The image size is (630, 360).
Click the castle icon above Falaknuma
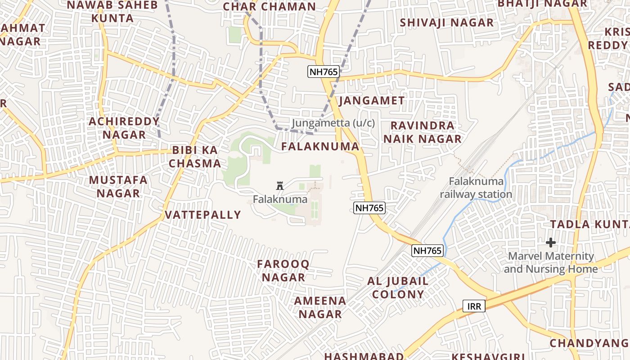coord(280,185)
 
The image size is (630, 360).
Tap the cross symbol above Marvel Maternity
coord(550,243)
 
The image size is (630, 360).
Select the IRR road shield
coord(474,306)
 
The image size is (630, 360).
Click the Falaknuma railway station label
coord(476,188)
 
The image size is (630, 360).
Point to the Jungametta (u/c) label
coord(333,123)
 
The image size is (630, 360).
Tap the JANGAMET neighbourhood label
coord(372,100)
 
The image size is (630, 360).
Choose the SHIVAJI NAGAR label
coord(446,22)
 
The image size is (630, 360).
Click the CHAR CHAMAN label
coord(270,7)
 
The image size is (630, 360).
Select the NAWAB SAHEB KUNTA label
coord(112,12)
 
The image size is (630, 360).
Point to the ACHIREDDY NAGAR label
coord(124,128)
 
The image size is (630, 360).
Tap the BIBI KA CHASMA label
coord(195,157)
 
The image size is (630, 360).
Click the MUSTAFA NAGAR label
coord(118,187)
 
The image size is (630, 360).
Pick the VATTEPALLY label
coord(203,215)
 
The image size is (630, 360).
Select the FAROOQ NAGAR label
coord(283,270)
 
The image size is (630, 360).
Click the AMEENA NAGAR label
coord(320,307)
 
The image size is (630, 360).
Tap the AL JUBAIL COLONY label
coord(398,288)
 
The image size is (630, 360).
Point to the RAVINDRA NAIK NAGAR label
coord(423,132)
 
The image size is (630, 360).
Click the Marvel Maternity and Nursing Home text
coord(551,263)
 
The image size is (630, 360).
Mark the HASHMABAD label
coord(364,356)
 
